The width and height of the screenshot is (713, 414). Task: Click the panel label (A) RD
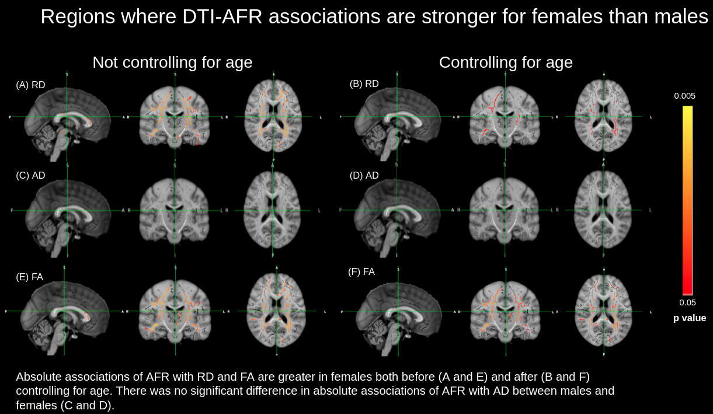point(30,85)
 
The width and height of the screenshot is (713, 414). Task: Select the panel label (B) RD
point(364,84)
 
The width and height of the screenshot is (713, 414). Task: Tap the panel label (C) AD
point(30,176)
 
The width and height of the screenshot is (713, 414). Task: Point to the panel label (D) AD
point(364,176)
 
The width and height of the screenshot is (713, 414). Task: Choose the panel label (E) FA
point(29,277)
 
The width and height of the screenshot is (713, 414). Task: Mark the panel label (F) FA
point(361,272)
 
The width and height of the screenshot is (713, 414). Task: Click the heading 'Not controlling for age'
point(172,62)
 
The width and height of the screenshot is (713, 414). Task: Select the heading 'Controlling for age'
point(506,62)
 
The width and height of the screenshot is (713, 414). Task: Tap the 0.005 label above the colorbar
point(685,96)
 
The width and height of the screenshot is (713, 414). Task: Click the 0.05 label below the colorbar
point(687,302)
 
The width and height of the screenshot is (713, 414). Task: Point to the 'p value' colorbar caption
point(690,318)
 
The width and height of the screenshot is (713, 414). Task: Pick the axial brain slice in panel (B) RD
point(603,117)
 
